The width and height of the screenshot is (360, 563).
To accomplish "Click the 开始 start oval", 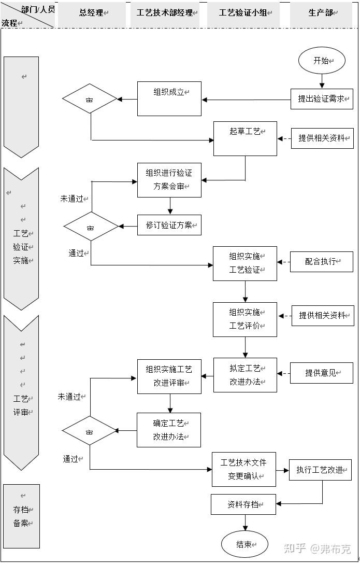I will [x=322, y=61].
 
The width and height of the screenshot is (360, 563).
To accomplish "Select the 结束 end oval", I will [x=244, y=544].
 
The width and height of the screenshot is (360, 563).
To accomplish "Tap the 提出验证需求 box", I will [x=322, y=98].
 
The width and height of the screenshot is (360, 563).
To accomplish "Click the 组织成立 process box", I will [x=169, y=98].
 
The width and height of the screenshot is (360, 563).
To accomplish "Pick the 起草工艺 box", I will [x=245, y=138].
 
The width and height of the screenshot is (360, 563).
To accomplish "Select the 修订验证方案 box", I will [x=169, y=226].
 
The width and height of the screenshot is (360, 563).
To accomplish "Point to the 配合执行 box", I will [x=321, y=262].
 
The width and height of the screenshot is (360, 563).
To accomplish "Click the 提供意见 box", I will [x=321, y=373].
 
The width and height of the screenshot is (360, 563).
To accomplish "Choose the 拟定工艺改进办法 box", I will [x=245, y=375].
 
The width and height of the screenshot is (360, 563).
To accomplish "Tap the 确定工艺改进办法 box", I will [x=169, y=430].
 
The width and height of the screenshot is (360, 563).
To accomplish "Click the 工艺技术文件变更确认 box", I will [x=243, y=469].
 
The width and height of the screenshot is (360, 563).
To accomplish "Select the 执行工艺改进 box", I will [x=320, y=470].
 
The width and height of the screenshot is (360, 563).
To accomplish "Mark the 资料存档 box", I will [x=243, y=504].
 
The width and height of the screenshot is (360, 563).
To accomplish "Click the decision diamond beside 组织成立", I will [x=90, y=98].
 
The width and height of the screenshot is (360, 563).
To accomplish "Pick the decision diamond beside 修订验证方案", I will [x=91, y=227].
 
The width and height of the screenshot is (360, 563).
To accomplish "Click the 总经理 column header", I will [x=92, y=13].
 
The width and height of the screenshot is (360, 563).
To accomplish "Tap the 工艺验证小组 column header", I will [x=243, y=13].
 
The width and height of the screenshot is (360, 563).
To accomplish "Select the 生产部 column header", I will [x=322, y=13].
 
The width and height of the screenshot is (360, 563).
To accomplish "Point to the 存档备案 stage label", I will [x=21, y=516].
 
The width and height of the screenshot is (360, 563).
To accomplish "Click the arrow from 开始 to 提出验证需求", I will [x=322, y=80].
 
